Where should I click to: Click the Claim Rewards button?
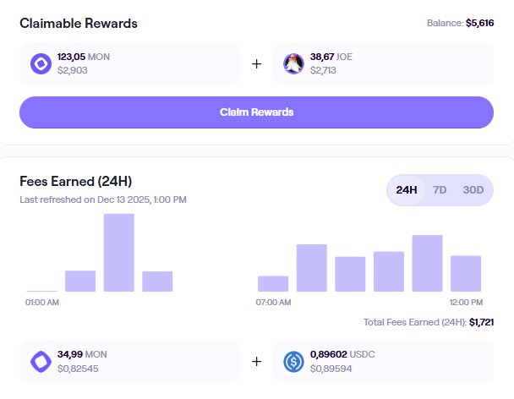click(256, 112)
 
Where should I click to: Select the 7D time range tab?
click(440, 189)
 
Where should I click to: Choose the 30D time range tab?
click(473, 189)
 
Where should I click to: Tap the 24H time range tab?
click(407, 189)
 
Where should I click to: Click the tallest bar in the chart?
click(118, 253)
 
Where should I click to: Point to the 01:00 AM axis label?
click(42, 302)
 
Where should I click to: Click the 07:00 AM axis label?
click(273, 302)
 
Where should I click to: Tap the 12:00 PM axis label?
click(466, 302)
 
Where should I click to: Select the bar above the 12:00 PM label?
click(466, 274)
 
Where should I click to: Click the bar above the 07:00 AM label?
click(273, 283)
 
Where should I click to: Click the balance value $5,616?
click(479, 24)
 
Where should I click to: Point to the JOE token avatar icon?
click(293, 63)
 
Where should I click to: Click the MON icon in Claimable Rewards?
click(41, 63)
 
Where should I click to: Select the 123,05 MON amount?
click(84, 57)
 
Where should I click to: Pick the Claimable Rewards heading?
click(79, 24)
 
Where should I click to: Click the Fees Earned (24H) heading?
click(75, 182)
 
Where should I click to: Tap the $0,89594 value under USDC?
click(332, 369)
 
